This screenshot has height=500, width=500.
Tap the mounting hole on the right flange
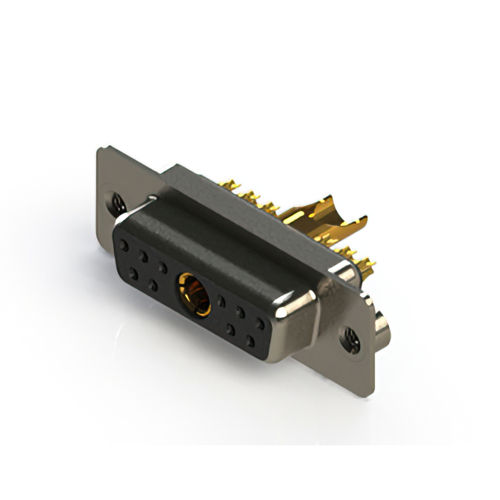pyautogui.click(x=349, y=337)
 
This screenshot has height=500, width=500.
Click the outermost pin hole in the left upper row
pyautogui.click(x=123, y=245)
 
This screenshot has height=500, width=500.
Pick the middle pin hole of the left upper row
pyautogui.click(x=143, y=255)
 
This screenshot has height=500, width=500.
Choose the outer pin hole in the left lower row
pyautogui.click(x=134, y=273)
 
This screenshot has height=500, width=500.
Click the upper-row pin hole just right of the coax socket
pyautogui.click(x=221, y=300)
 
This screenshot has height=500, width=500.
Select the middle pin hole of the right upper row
pyautogui.click(x=241, y=312)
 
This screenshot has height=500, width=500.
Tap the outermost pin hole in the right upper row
pyautogui.click(x=259, y=322)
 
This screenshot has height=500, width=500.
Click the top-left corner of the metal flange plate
pyautogui.click(x=100, y=150)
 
